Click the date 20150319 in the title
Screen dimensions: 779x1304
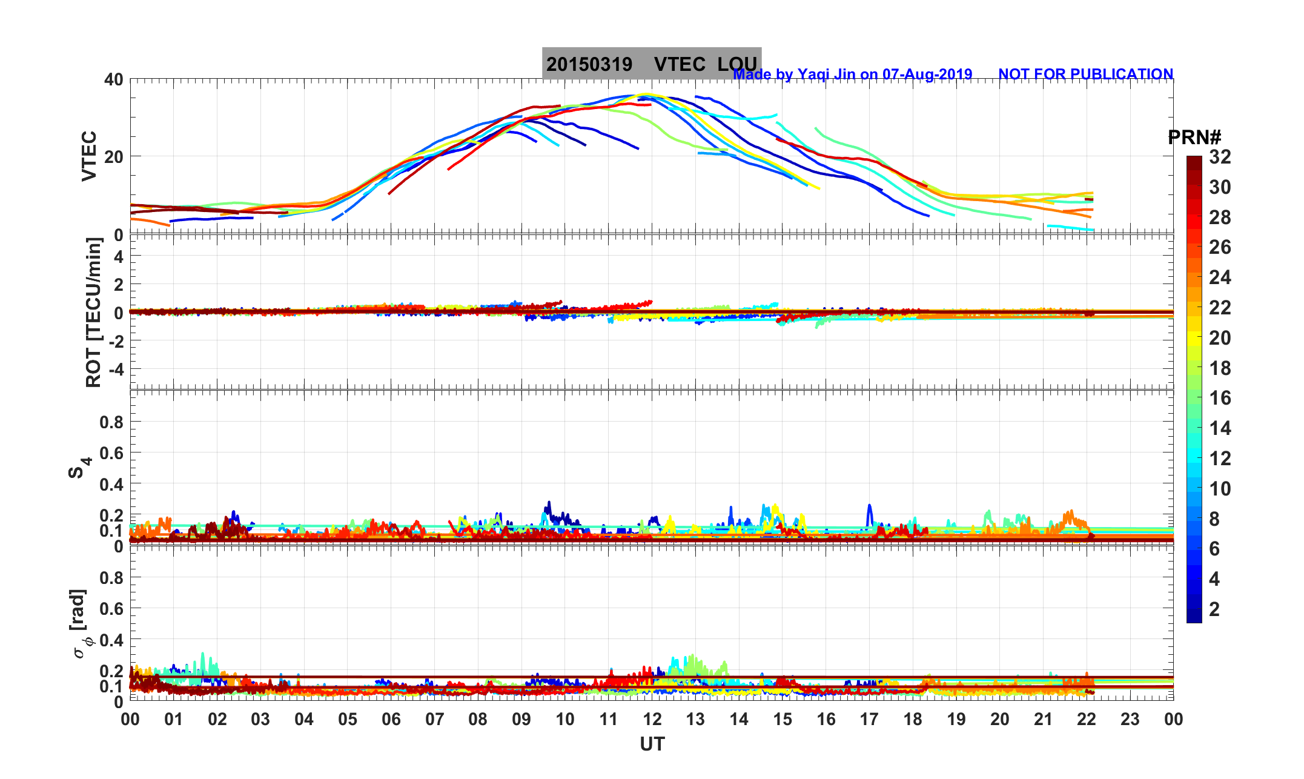(589, 64)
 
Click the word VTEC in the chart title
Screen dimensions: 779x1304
(680, 64)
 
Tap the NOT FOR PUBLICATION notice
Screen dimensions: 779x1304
(1085, 75)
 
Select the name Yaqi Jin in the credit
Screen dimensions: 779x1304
(826, 75)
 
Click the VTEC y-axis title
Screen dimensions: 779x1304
(89, 156)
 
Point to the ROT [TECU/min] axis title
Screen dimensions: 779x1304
(93, 312)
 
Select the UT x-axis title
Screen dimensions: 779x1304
(652, 744)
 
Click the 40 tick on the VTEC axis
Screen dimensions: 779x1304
(113, 79)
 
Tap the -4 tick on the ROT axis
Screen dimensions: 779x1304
(114, 369)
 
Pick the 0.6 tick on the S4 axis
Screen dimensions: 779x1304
(111, 453)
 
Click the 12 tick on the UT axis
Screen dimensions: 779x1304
(652, 720)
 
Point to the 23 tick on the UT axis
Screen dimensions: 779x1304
(1130, 720)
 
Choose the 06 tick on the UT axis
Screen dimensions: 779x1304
(391, 720)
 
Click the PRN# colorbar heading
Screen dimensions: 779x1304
(1194, 138)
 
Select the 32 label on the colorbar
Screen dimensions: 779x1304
(1220, 157)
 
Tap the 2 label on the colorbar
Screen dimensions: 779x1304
(1214, 609)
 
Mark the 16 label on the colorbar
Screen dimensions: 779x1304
(1220, 398)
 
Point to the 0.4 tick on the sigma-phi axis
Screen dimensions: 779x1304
(111, 640)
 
